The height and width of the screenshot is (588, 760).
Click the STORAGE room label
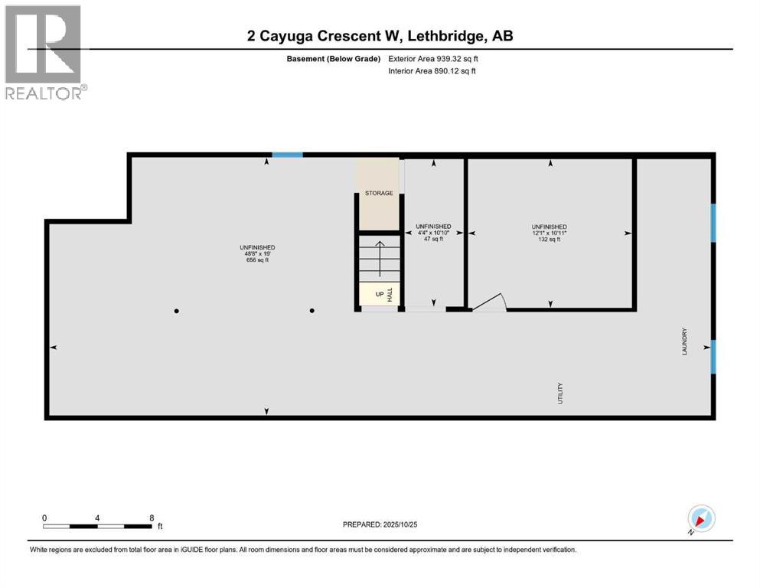click(x=379, y=193)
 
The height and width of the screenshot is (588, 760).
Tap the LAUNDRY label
click(x=685, y=341)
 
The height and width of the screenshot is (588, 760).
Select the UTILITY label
click(x=560, y=393)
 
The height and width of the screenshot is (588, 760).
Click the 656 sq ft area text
click(x=256, y=260)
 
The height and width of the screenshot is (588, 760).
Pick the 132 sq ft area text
click(x=550, y=240)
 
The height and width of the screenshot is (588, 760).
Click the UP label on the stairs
click(x=379, y=294)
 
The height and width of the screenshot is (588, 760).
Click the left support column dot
click(x=177, y=311)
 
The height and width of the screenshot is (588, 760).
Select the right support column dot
click(x=312, y=311)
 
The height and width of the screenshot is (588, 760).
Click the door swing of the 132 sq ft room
click(x=489, y=303)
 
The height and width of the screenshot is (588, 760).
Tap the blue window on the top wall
click(x=288, y=155)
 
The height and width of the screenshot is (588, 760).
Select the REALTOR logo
click(x=44, y=52)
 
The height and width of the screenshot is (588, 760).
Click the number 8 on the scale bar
click(x=152, y=518)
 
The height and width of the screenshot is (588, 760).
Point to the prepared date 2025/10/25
click(x=379, y=524)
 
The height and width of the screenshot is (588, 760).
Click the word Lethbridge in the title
click(x=445, y=35)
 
